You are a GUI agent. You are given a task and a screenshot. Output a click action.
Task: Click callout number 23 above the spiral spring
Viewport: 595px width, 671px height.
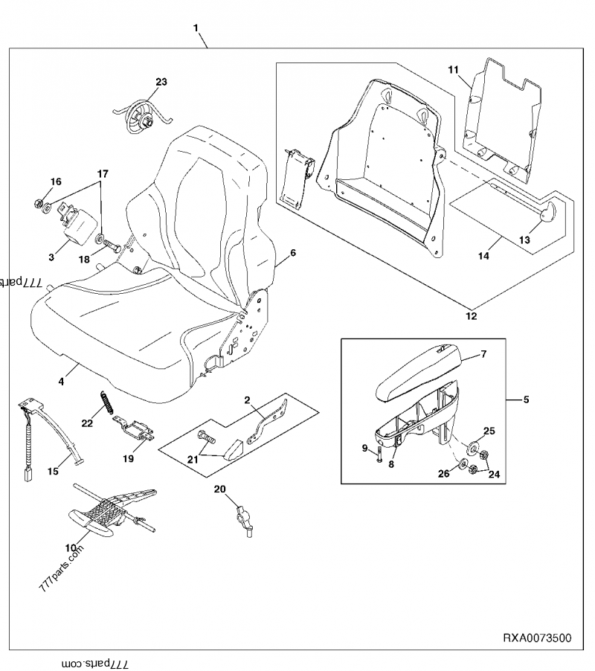(x=161, y=81)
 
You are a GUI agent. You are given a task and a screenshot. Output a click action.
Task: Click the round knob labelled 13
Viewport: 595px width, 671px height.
(x=547, y=214)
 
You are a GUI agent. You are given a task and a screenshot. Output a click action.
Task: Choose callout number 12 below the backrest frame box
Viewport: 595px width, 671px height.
(x=471, y=316)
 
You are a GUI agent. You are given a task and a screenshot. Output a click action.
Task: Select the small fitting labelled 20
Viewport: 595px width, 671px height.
(x=242, y=517)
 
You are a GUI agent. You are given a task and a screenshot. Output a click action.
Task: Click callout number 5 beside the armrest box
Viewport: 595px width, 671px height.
(x=526, y=399)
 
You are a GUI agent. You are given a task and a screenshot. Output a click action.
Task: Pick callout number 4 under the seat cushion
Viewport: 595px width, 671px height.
(x=62, y=381)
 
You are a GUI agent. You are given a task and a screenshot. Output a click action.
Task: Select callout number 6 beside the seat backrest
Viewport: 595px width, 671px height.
(x=292, y=253)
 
